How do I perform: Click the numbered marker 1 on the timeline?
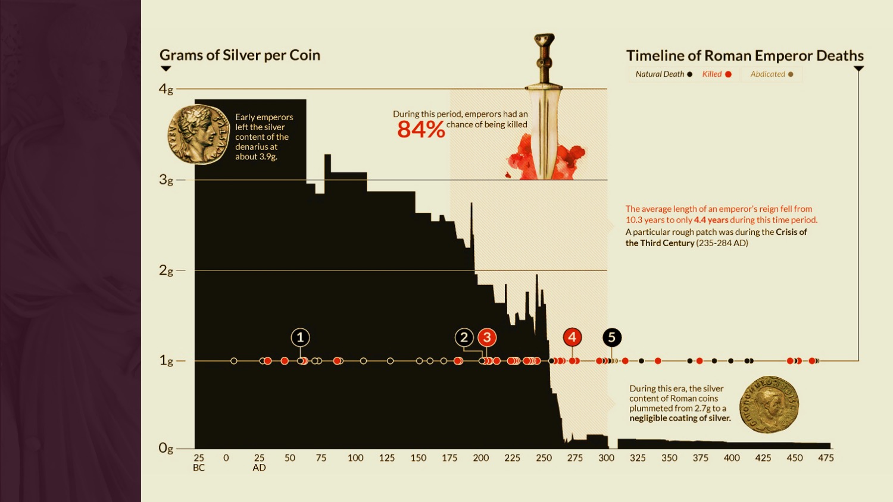pyautogui.click(x=300, y=338)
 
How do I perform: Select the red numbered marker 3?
pyautogui.click(x=487, y=338)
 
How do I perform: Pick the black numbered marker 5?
pyautogui.click(x=611, y=338)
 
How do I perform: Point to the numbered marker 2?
pyautogui.click(x=464, y=338)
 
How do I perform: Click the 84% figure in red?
pyautogui.click(x=421, y=129)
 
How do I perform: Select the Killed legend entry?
pyautogui.click(x=717, y=74)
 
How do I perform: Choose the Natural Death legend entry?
pyautogui.click(x=663, y=74)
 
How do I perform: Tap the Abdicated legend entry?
pyautogui.click(x=772, y=74)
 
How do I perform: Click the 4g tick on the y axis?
pyautogui.click(x=166, y=89)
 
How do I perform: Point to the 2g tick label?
pyautogui.click(x=166, y=271)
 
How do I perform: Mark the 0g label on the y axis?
pyautogui.click(x=166, y=448)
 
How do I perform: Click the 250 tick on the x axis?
pyautogui.click(x=544, y=458)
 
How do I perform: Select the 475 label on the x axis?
pyautogui.click(x=826, y=458)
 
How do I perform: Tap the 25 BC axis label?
pyautogui.click(x=199, y=463)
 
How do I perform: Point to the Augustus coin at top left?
pyautogui.click(x=199, y=134)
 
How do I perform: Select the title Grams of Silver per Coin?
pyautogui.click(x=240, y=55)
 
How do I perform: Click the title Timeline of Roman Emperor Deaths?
pyautogui.click(x=745, y=56)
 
